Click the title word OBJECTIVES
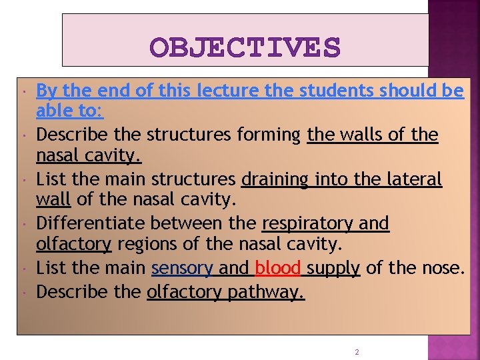(x=245, y=47)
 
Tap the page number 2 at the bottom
(x=357, y=351)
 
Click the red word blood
(x=278, y=268)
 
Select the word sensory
(x=181, y=268)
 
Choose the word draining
(x=274, y=179)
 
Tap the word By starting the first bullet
(x=45, y=91)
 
